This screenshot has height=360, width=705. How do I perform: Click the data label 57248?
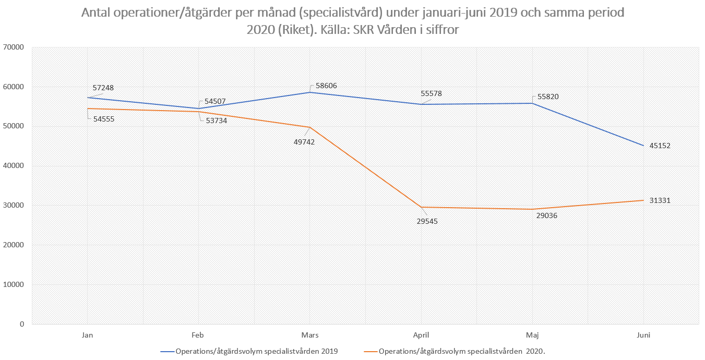(103, 88)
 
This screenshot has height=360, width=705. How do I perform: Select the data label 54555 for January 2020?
(103, 119)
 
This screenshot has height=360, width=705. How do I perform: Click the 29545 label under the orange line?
(427, 221)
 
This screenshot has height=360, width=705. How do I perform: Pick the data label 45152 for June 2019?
(660, 146)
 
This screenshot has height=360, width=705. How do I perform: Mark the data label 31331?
(660, 200)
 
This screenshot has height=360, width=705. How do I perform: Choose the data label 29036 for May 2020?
(547, 215)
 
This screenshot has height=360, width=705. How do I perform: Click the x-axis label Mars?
(310, 335)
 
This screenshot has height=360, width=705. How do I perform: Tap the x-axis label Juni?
(643, 335)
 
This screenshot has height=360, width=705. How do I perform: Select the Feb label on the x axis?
(198, 335)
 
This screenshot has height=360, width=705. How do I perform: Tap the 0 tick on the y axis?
(22, 324)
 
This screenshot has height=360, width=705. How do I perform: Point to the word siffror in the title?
(440, 31)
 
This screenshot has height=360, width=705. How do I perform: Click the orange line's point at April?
(421, 207)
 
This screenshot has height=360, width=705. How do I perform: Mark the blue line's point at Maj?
(532, 103)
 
